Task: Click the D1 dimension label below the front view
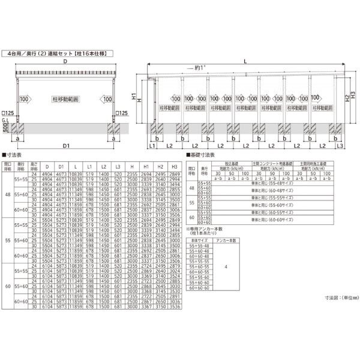pos(66,146)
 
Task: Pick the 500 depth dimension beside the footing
pos(5,129)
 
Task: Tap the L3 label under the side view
pos(339,146)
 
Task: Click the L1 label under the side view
pos(152,146)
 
